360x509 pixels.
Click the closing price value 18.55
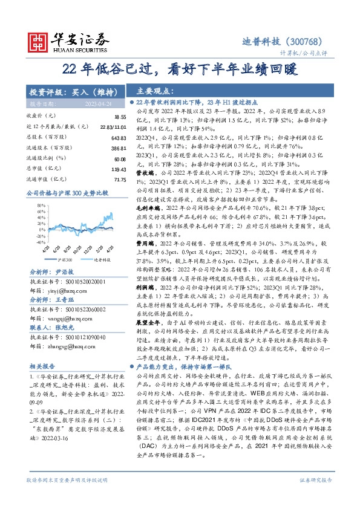119,115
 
